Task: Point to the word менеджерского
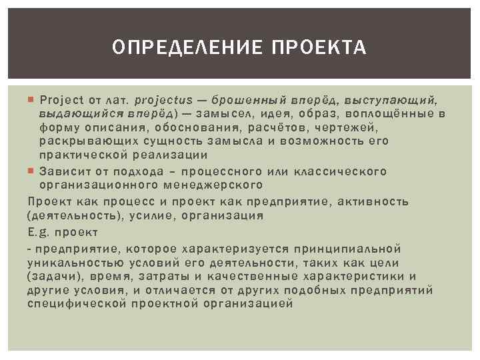click(x=215, y=184)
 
